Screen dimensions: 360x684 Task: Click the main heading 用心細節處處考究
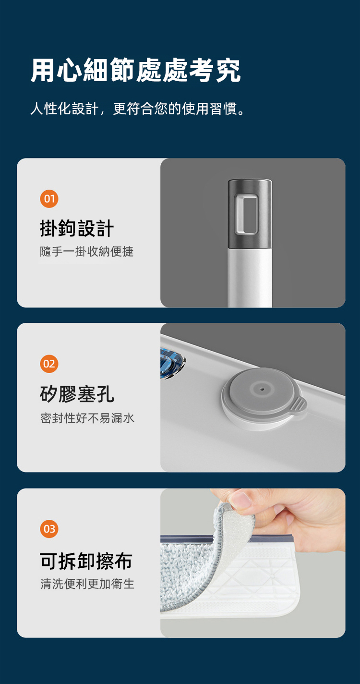[x=136, y=71]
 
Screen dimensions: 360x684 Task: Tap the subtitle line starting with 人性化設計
[x=138, y=109]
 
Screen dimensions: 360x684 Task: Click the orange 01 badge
[x=49, y=199]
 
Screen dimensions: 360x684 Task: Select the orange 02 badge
[x=49, y=364]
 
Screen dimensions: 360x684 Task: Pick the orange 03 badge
[x=49, y=528]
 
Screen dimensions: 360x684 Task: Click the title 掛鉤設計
[x=77, y=228]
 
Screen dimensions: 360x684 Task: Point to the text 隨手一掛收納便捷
[x=87, y=252]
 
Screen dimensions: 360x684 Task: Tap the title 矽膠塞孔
[x=77, y=394]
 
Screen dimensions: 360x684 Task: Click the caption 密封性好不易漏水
[x=87, y=418]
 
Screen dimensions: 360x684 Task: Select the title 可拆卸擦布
[x=86, y=561]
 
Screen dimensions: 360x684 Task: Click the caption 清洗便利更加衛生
[x=87, y=584]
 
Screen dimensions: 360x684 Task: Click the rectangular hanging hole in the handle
[x=246, y=214]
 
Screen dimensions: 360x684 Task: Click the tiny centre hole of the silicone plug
[x=262, y=390]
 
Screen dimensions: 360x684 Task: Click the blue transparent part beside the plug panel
[x=171, y=363]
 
